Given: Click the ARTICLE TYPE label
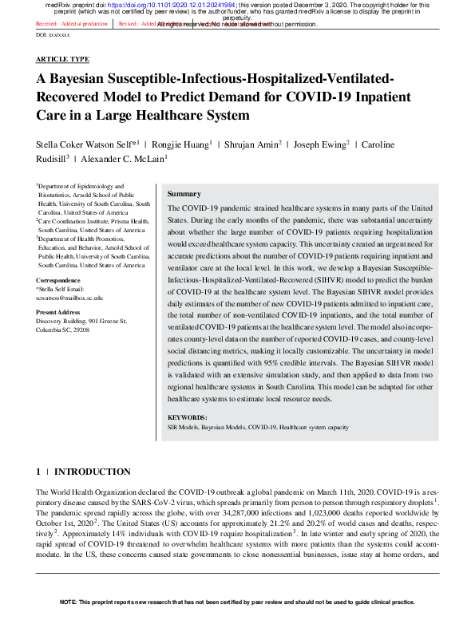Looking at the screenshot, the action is (62, 60).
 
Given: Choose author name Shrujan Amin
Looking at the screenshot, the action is (253, 144).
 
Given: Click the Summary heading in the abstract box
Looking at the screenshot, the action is (184, 194).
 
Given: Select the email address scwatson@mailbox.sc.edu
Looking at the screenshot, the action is (69, 298).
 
